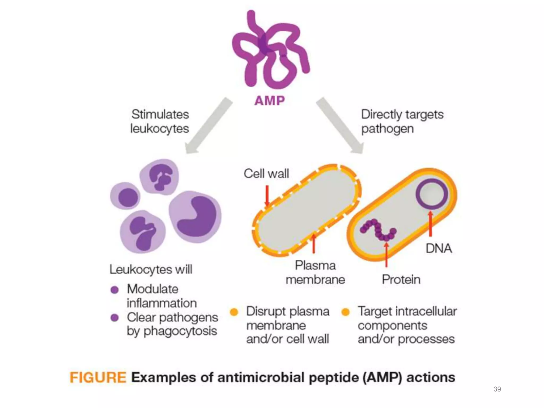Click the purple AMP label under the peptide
pyautogui.click(x=269, y=101)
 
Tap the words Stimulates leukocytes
pyautogui.click(x=160, y=121)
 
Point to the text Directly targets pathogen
pyautogui.click(x=402, y=121)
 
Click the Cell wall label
pyautogui.click(x=266, y=174)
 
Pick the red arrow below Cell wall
pyautogui.click(x=267, y=195)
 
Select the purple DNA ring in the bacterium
pyautogui.click(x=432, y=194)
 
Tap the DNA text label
pyautogui.click(x=439, y=249)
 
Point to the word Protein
pyautogui.click(x=401, y=279)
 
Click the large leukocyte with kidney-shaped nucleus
pyautogui.click(x=195, y=216)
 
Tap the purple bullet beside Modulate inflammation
pyautogui.click(x=114, y=290)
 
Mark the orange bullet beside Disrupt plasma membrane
pyautogui.click(x=234, y=312)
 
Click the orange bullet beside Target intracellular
pyautogui.click(x=345, y=312)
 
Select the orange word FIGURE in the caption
pyautogui.click(x=98, y=377)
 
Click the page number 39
pyautogui.click(x=497, y=389)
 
